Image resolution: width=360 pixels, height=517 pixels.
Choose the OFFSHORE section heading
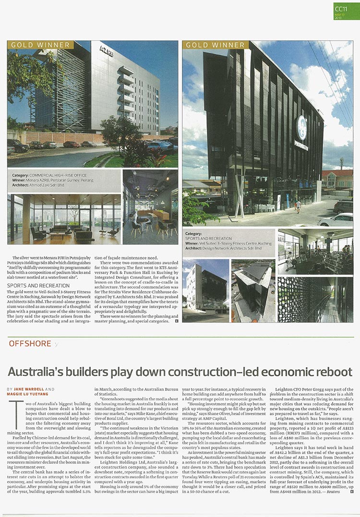30,343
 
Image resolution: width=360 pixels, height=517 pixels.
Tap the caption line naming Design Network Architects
223,248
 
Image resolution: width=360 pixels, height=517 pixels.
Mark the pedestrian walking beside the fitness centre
298,205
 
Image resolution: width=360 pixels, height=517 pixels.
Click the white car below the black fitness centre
338,220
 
